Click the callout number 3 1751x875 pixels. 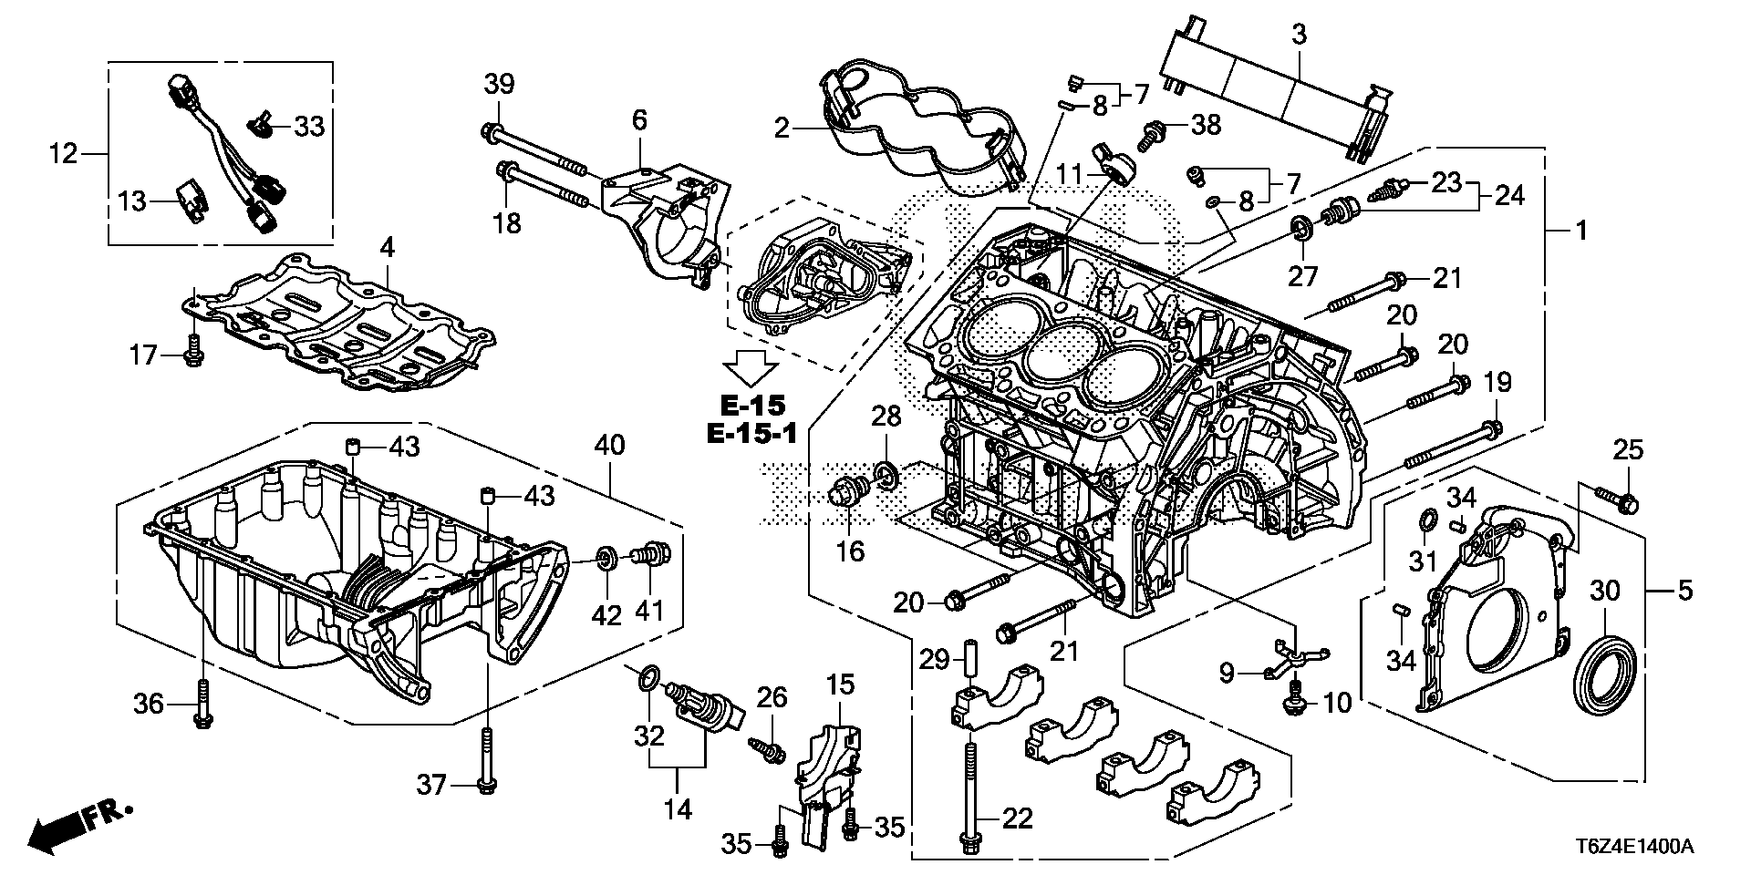point(1299,35)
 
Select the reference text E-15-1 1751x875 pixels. point(752,434)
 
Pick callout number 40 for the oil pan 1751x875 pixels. point(610,446)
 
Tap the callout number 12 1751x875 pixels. point(63,154)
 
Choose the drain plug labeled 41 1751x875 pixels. point(654,552)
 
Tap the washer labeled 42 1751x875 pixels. point(604,556)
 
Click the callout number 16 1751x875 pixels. point(850,551)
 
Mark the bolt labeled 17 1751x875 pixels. point(193,351)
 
